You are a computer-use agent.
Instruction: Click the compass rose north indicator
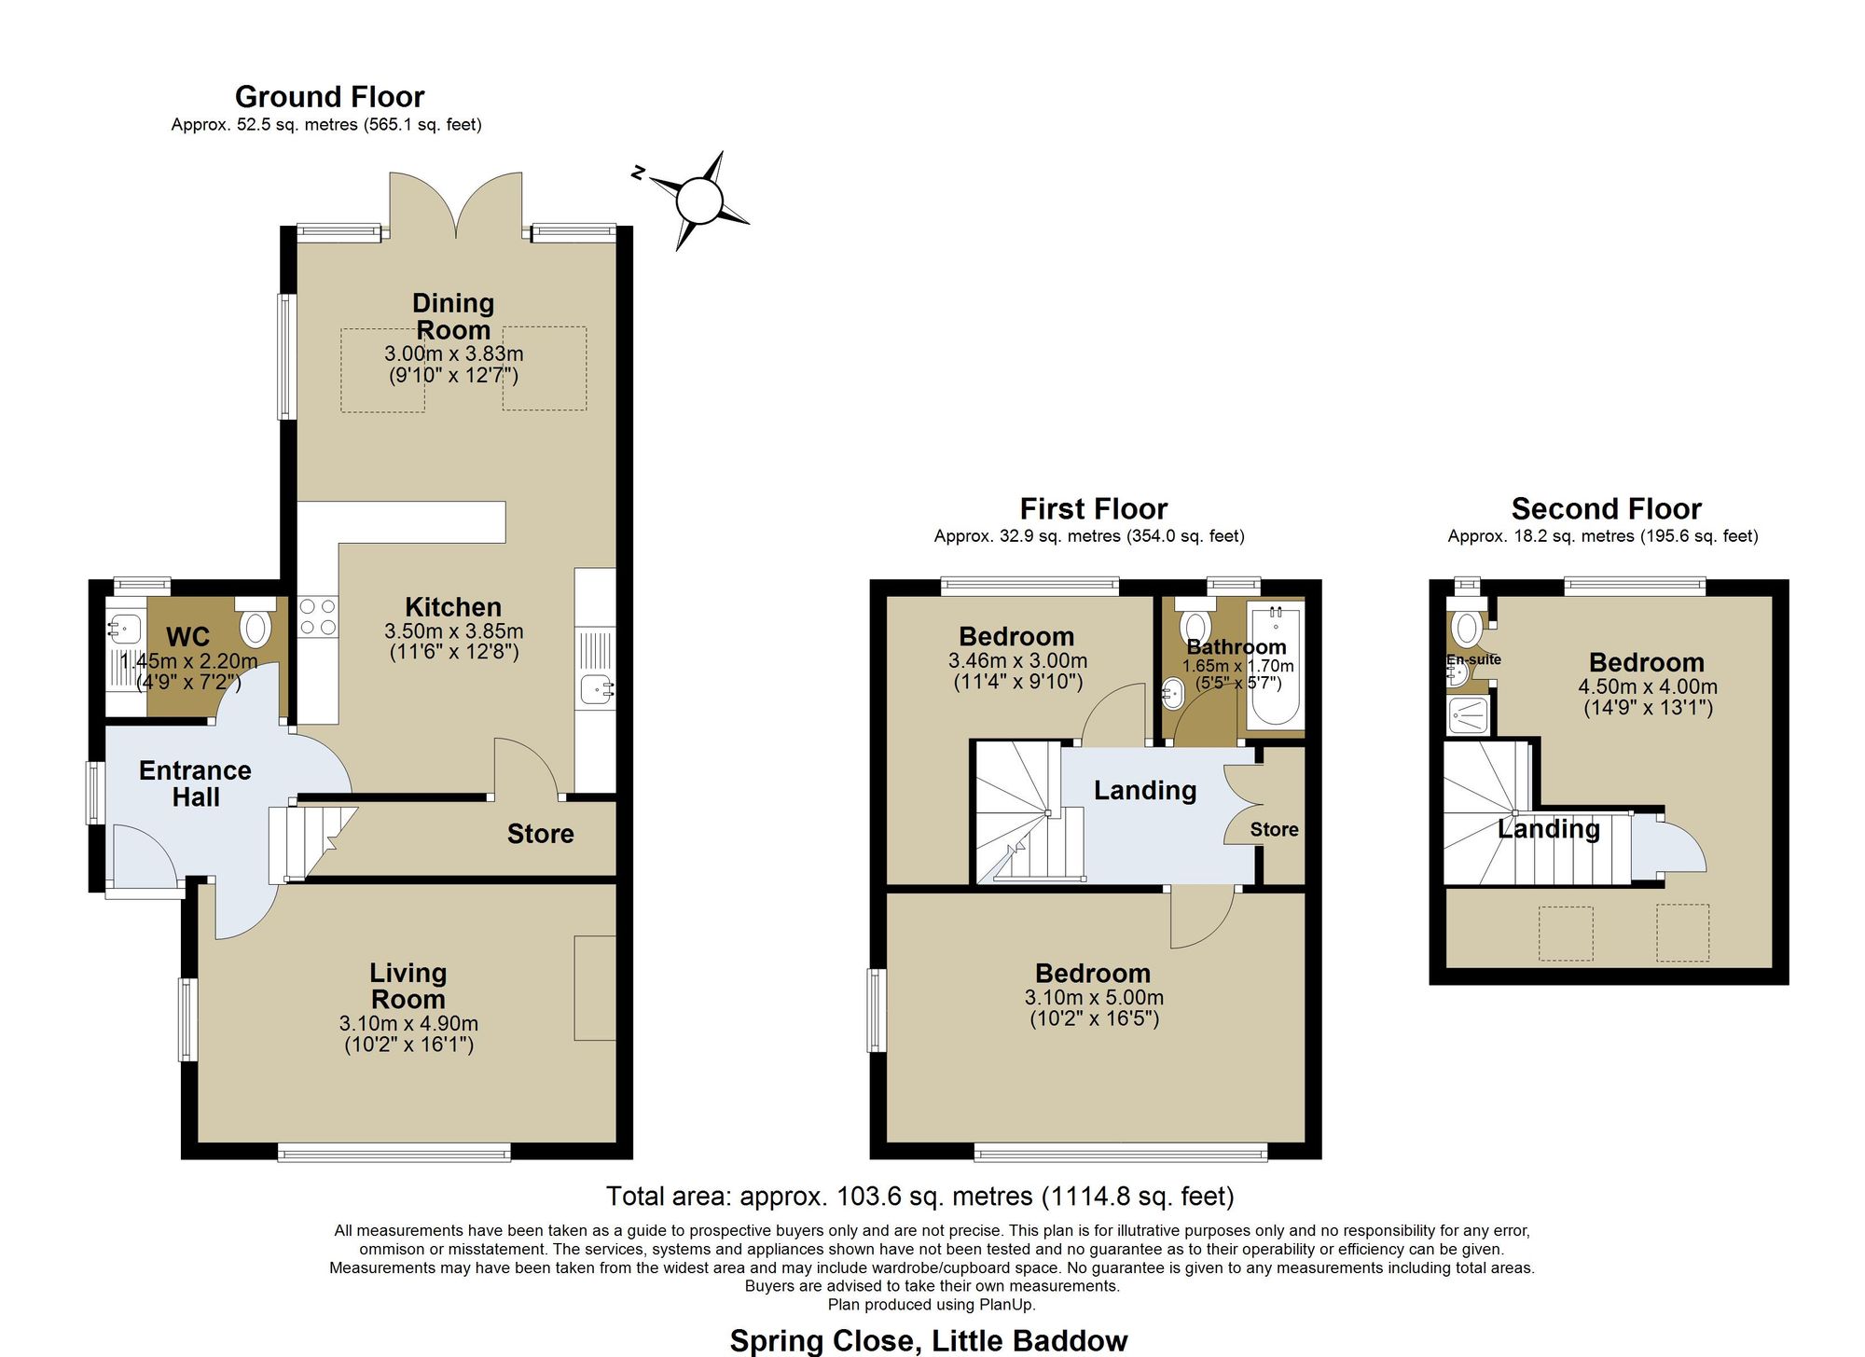click(x=639, y=173)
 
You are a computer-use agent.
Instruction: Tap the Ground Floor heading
click(x=329, y=97)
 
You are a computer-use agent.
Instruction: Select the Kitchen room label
click(x=453, y=607)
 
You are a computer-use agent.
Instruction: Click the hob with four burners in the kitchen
click(x=317, y=616)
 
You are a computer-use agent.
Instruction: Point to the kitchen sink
click(x=597, y=690)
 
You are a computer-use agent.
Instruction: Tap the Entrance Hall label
click(x=195, y=783)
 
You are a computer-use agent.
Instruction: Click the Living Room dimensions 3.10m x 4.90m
click(x=408, y=1023)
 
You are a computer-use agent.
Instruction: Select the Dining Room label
click(x=453, y=316)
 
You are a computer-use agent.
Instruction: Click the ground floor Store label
click(x=540, y=834)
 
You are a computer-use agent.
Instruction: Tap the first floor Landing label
click(x=1145, y=791)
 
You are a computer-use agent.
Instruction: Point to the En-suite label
click(x=1473, y=659)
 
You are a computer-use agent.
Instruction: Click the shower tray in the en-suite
click(x=1469, y=715)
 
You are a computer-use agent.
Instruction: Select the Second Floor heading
click(x=1606, y=509)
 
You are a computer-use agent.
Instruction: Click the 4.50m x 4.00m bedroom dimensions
click(x=1647, y=686)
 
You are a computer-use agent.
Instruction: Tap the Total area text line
click(x=920, y=1197)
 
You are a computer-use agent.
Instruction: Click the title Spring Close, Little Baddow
click(x=929, y=1341)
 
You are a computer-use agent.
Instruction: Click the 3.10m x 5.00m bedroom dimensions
click(x=1094, y=997)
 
